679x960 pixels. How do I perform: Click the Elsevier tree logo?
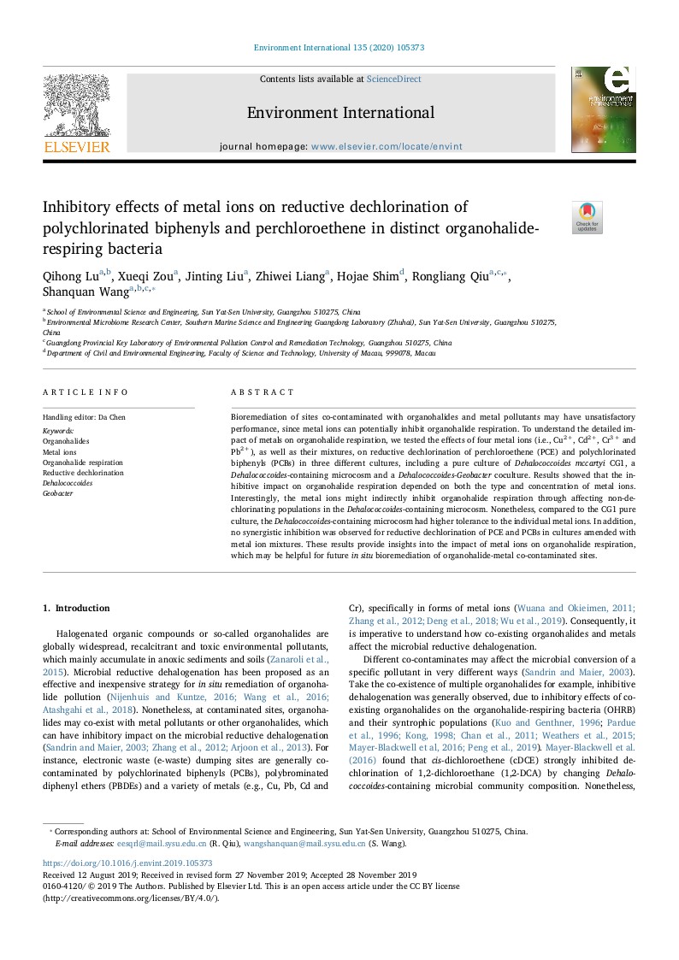pos(76,106)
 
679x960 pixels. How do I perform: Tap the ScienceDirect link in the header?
pos(393,80)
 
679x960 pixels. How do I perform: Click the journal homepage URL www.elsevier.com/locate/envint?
pos(387,146)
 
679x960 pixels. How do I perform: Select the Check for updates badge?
pos(587,218)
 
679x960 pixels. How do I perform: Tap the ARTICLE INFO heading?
pos(86,392)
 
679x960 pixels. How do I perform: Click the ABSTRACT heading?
pos(263,392)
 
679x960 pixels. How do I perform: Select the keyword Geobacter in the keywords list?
pos(58,493)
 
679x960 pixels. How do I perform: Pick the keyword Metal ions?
pos(60,451)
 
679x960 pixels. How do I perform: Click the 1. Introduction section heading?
pos(76,608)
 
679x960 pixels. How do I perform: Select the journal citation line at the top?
pos(339,48)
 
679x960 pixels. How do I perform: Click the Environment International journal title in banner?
pos(340,113)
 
